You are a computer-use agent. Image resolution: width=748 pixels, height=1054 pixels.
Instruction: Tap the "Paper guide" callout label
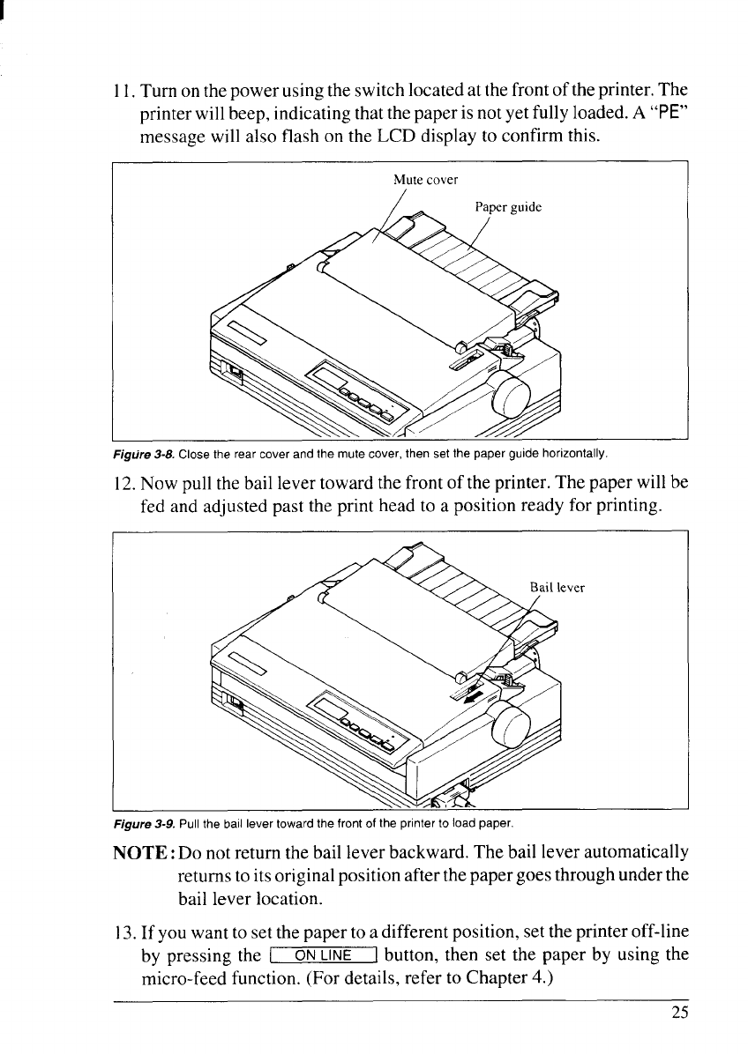pos(507,208)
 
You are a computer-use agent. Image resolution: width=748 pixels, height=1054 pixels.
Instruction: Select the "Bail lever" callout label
pos(557,586)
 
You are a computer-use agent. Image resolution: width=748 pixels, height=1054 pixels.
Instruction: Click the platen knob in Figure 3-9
pos(511,728)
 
